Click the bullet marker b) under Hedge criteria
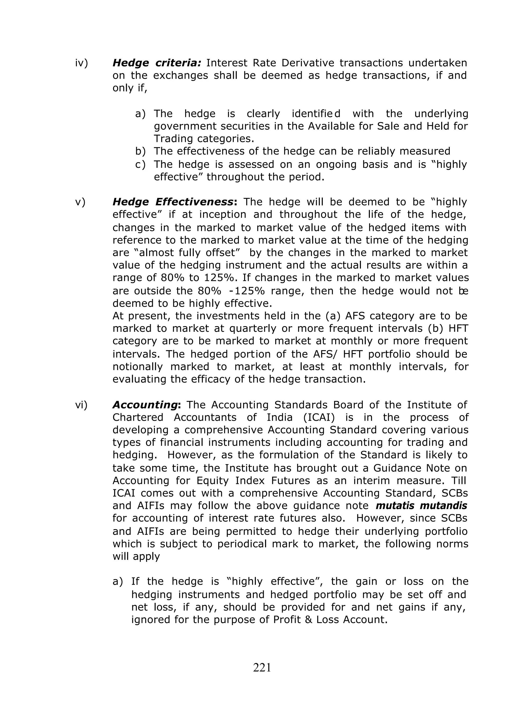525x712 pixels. [x=140, y=151]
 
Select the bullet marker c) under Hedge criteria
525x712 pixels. [x=140, y=164]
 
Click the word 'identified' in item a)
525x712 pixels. [x=316, y=114]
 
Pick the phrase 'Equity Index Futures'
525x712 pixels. [x=253, y=480]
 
